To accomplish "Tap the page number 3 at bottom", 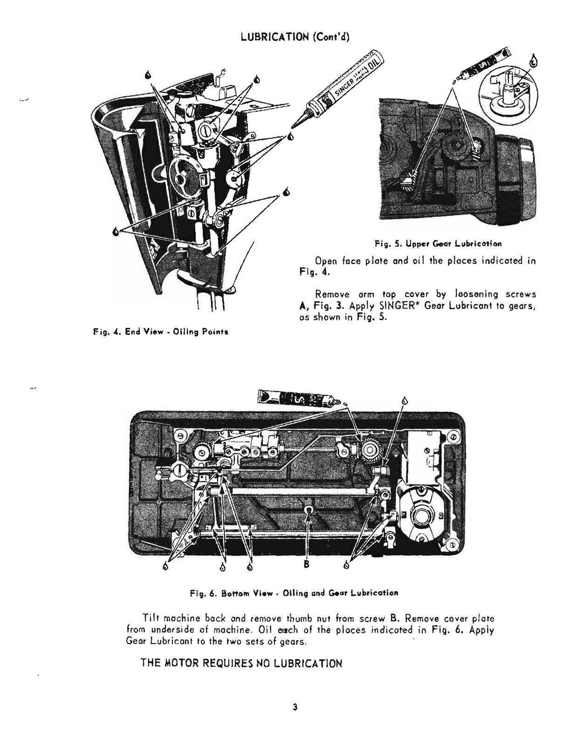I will pos(295,708).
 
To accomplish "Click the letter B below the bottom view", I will pos(307,565).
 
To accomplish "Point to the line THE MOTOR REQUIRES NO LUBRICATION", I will pos(241,663).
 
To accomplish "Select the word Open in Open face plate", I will pos(326,261).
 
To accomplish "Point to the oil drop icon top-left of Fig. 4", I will pos(147,74).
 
